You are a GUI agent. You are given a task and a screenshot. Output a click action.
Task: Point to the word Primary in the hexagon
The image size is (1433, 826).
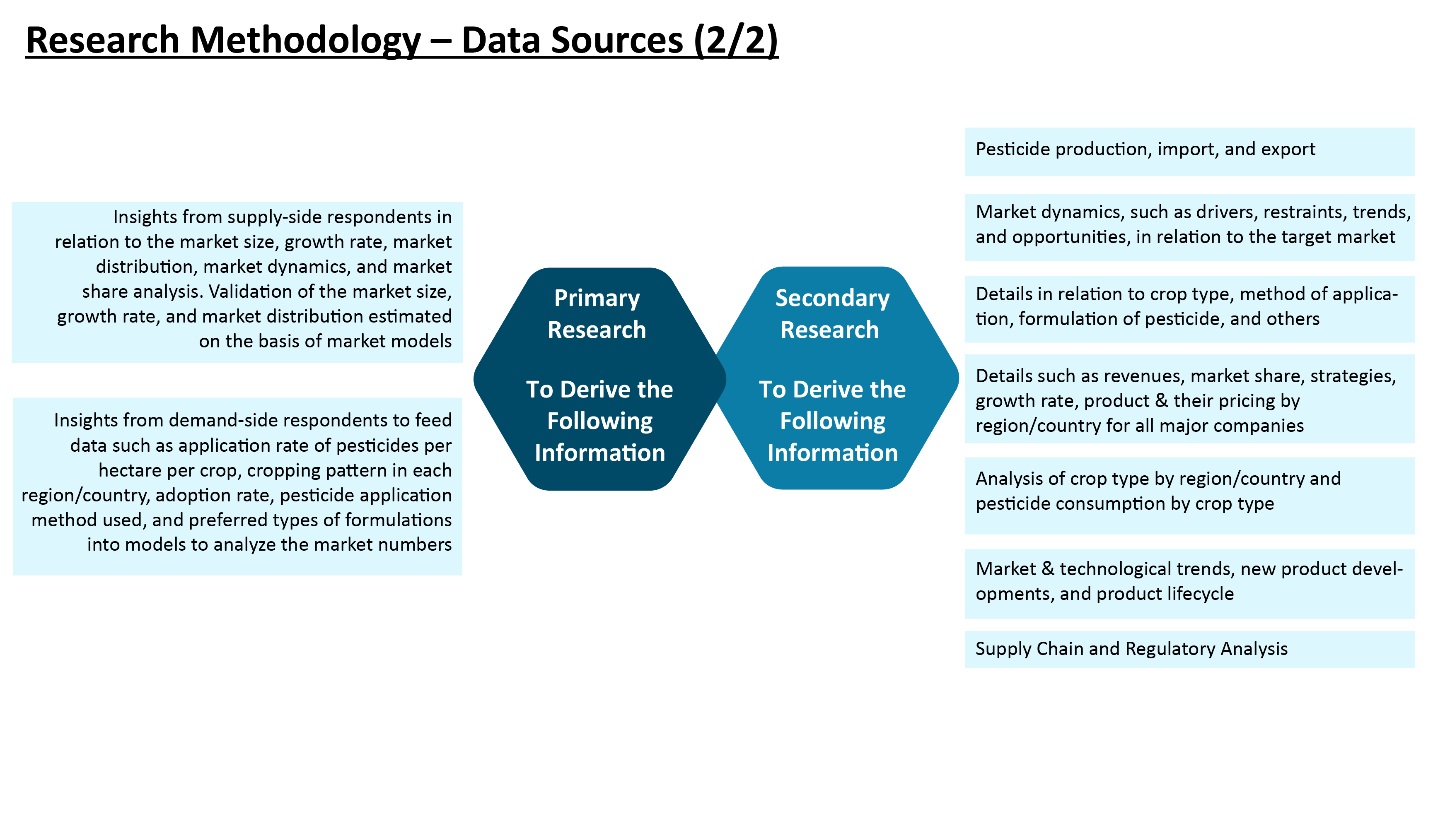(597, 299)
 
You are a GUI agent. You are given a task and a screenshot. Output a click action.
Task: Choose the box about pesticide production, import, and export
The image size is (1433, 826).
(1189, 152)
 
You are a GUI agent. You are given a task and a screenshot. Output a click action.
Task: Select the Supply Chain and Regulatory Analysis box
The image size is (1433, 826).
(1189, 649)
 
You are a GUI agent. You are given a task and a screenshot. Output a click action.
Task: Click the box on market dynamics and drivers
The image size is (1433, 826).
(1189, 227)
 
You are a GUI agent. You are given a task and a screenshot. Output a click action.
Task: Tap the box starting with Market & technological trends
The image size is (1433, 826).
(1189, 583)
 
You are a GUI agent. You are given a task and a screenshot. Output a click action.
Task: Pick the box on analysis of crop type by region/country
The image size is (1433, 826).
(1189, 495)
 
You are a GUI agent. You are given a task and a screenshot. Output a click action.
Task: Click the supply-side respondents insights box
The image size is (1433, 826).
(237, 282)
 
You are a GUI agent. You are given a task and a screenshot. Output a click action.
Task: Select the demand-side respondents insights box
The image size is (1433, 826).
(237, 486)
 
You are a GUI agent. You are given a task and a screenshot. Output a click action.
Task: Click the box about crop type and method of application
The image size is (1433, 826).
(1189, 309)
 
